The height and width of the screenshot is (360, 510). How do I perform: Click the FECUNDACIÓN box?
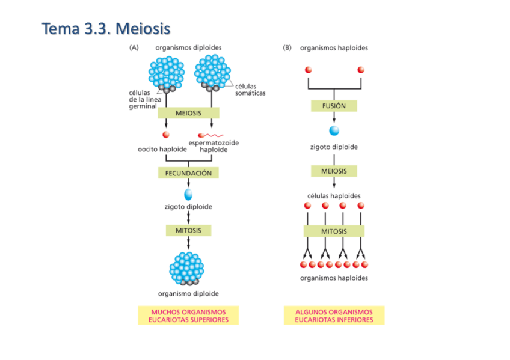coord(188,173)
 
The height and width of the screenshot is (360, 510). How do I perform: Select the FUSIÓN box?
coord(334,106)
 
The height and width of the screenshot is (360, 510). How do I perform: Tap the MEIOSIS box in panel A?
coord(188,113)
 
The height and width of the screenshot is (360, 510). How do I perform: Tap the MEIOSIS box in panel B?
coord(334,171)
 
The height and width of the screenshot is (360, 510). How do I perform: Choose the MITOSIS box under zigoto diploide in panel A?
coord(188,230)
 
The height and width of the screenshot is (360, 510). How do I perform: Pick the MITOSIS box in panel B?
coord(334,231)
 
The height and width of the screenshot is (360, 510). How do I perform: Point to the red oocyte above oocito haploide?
coord(166,135)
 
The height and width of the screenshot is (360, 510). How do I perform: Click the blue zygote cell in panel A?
coord(188,194)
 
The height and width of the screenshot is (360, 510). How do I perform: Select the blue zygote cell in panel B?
coord(334,130)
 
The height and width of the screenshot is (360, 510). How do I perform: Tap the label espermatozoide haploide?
coord(214,146)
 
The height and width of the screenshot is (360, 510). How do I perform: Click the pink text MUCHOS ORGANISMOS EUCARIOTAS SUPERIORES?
coord(188,316)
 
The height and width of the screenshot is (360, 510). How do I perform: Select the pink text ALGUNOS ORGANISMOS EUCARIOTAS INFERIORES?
coord(334,316)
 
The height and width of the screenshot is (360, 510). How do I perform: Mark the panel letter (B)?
coord(287,48)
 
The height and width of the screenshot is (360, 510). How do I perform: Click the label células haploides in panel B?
coord(334,196)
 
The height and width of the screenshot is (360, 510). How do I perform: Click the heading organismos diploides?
coord(188,48)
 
